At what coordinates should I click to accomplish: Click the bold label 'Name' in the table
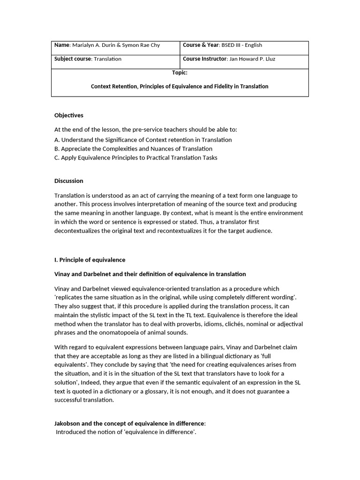(x=62, y=45)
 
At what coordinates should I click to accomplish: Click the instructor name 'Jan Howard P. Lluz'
(x=257, y=59)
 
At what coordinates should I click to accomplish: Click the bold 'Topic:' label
(x=180, y=73)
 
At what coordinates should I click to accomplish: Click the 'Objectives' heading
(x=68, y=115)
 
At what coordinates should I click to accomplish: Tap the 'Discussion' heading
(x=68, y=181)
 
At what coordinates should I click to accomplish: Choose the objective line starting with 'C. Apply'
(x=135, y=157)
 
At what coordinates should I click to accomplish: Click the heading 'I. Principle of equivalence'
(x=90, y=260)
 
